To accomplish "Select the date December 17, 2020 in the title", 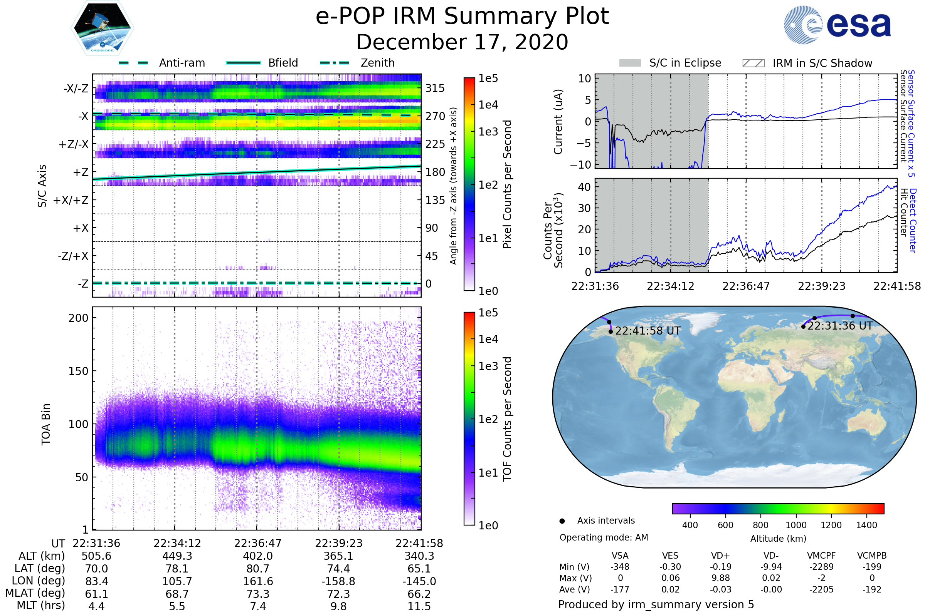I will [x=462, y=42].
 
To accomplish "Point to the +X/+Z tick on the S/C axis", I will [x=71, y=200].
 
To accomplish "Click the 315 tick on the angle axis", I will [x=435, y=88].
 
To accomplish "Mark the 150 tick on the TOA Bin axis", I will [x=78, y=371].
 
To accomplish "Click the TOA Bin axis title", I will [x=46, y=424].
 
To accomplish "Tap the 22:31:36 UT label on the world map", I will [x=840, y=326].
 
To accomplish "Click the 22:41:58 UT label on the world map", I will [x=648, y=331].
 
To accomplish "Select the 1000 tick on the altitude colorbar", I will [x=795, y=525].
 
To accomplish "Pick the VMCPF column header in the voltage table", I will [x=821, y=556].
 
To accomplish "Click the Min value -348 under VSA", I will [x=620, y=567].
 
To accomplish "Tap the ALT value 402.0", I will [x=257, y=556].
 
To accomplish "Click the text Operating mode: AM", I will [x=604, y=537].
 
